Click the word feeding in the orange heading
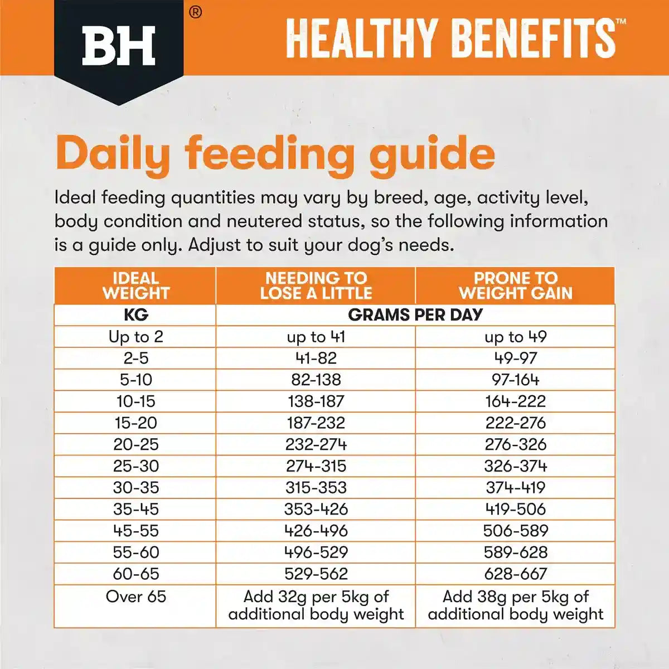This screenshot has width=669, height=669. coord(270,154)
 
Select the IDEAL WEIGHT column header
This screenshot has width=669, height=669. coord(135,285)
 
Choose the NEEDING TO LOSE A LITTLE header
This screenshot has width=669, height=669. coord(316,285)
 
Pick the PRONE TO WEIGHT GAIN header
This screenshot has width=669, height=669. coord(515,285)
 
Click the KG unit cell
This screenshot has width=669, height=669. coord(135,315)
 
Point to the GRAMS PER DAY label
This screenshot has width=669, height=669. coord(415,315)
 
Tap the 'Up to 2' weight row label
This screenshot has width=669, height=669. coord(135,337)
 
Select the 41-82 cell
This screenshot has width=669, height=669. coord(316,358)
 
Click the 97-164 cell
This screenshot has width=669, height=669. coord(515,380)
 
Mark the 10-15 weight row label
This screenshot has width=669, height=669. coord(135,401)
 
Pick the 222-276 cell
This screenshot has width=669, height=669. coord(515,423)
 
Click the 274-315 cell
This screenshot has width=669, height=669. coord(316,466)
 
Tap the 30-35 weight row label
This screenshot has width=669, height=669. coord(135,488)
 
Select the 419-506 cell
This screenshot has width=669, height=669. coord(515,509)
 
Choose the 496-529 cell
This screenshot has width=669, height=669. coord(316,552)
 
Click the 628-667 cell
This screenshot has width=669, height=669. coord(515,574)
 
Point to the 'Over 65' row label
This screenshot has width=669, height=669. coord(135,597)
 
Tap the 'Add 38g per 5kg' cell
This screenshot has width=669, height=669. coord(515,605)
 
